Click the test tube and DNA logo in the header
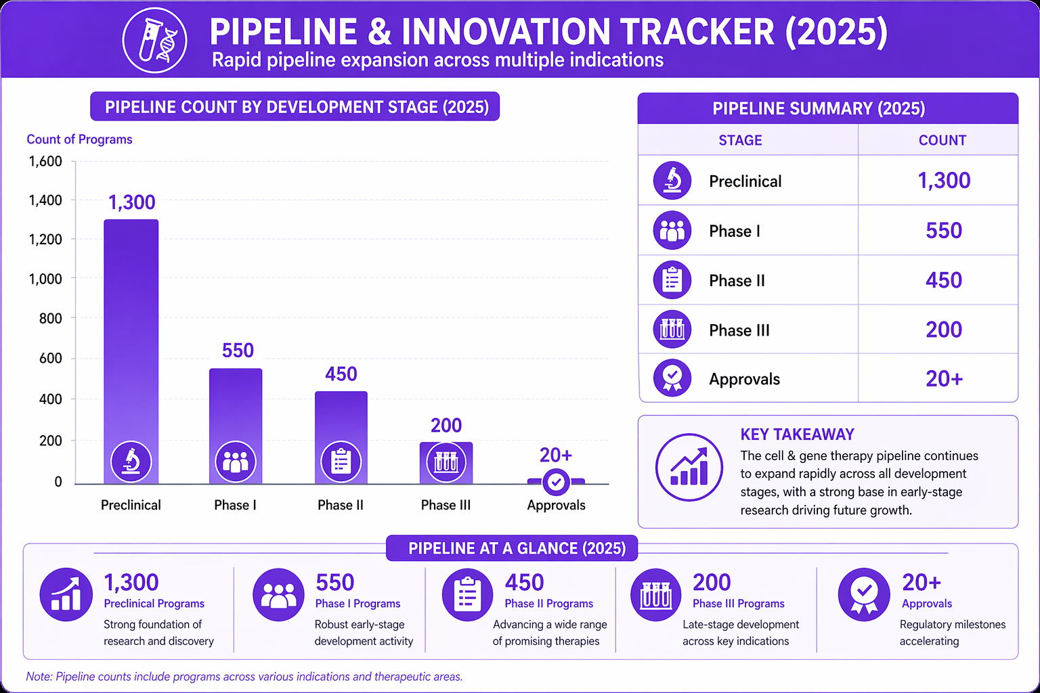point(154,41)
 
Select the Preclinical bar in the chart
point(131,351)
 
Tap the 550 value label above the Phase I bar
point(238,351)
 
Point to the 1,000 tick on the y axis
point(45,279)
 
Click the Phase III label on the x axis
point(446,505)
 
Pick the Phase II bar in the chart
point(341,438)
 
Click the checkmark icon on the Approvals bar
point(556,483)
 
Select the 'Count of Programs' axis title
point(79,139)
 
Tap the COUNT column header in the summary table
point(942,140)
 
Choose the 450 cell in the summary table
point(943,280)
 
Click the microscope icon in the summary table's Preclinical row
point(672,181)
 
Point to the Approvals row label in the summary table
point(744,379)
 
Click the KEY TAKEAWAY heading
point(797,434)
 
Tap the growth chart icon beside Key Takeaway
point(689,468)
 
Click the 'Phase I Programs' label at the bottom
point(357,604)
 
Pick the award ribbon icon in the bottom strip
point(863,595)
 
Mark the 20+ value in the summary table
point(945,379)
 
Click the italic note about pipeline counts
point(244,677)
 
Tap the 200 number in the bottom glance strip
point(712,583)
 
